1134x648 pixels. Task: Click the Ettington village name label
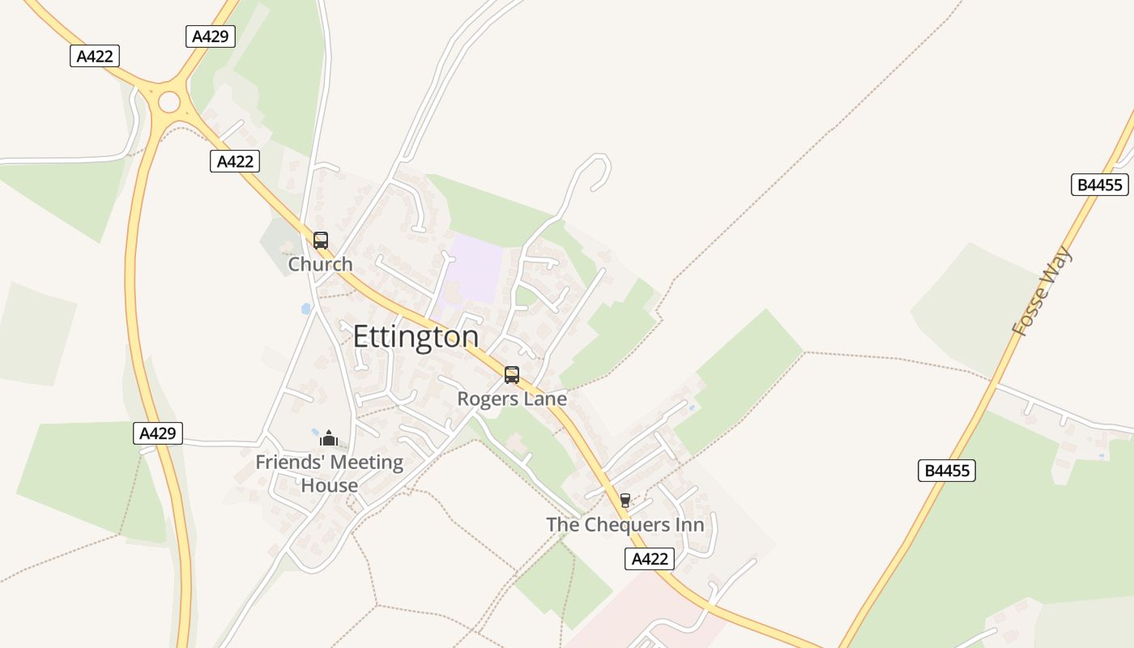tap(416, 336)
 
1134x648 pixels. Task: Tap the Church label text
tap(321, 264)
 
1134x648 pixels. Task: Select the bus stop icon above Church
tap(321, 241)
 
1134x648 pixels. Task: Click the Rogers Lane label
tap(512, 399)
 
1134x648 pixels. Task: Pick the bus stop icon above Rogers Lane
tap(512, 375)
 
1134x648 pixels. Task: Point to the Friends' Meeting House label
tap(329, 474)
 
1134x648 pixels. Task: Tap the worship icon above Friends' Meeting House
tap(329, 438)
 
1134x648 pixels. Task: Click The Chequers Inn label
tap(625, 524)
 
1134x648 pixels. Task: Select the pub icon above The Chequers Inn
tap(625, 501)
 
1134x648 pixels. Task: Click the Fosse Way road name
tap(1042, 292)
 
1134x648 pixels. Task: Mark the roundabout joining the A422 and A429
tap(169, 102)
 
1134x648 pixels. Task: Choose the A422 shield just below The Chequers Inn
tap(650, 559)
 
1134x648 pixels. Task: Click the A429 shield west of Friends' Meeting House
tap(158, 433)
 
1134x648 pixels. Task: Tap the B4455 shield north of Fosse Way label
tap(1099, 185)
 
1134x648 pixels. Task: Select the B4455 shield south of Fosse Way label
tap(947, 471)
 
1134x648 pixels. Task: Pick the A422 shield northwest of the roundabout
tap(95, 56)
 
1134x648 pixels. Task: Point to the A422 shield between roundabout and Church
tap(235, 161)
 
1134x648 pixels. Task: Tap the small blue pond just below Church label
tap(305, 308)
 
